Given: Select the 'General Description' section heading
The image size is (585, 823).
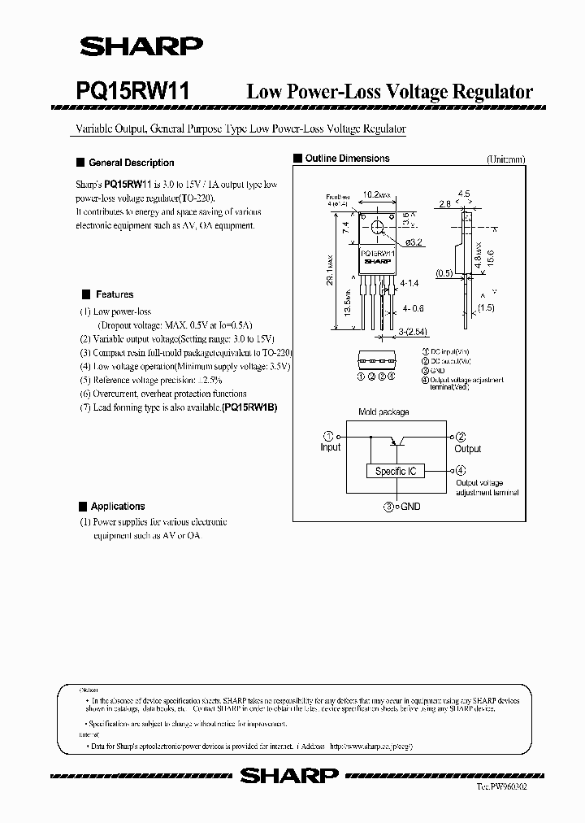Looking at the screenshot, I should click(x=131, y=163).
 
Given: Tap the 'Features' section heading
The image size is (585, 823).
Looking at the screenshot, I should click(x=114, y=294).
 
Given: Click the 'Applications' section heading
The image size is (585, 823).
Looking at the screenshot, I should click(x=117, y=506).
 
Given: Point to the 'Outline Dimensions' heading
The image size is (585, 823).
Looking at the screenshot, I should click(x=347, y=159).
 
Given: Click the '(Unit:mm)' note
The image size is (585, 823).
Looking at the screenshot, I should click(x=506, y=159).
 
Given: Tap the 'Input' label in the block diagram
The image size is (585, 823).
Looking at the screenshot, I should click(x=331, y=447).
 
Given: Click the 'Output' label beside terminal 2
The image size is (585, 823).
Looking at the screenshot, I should click(x=468, y=448).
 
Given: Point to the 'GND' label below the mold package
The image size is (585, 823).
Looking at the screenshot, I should click(x=410, y=506).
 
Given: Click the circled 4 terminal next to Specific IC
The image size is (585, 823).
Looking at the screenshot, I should click(x=461, y=470).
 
